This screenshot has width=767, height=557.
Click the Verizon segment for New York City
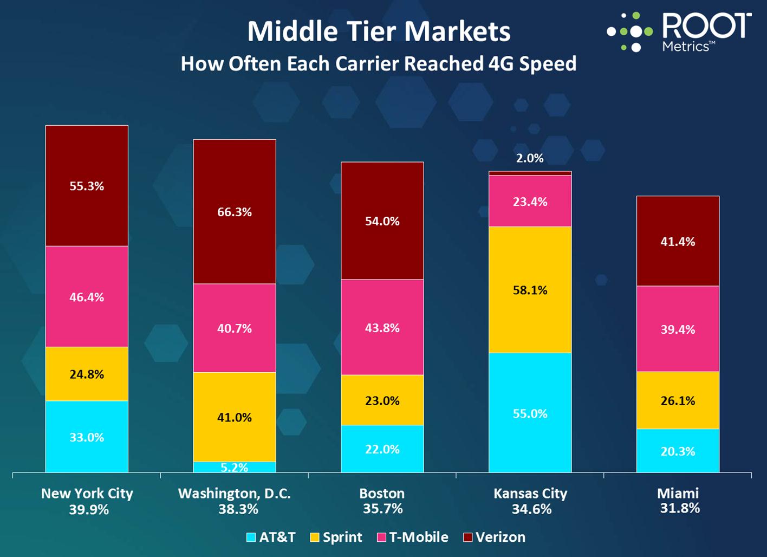tap(87, 186)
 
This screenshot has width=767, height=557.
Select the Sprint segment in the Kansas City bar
tap(530, 290)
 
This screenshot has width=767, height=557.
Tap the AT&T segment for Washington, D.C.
tap(235, 467)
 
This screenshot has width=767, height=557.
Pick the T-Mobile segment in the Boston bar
tap(382, 327)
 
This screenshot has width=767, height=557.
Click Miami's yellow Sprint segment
tap(678, 400)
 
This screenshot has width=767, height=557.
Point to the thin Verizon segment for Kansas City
tap(530, 173)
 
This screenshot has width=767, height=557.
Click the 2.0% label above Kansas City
tap(530, 158)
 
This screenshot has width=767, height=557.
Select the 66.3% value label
tap(235, 212)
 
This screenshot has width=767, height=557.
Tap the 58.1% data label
tap(530, 290)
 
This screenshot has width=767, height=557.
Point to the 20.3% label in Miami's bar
tap(678, 451)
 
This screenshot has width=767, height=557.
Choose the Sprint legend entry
tap(336, 537)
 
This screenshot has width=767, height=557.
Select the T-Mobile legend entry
tap(413, 537)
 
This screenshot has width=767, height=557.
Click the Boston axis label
tap(382, 494)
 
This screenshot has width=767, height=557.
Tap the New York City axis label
tap(87, 494)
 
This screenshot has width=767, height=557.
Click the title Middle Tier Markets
tap(379, 31)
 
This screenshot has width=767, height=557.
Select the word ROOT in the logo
tap(706, 25)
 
